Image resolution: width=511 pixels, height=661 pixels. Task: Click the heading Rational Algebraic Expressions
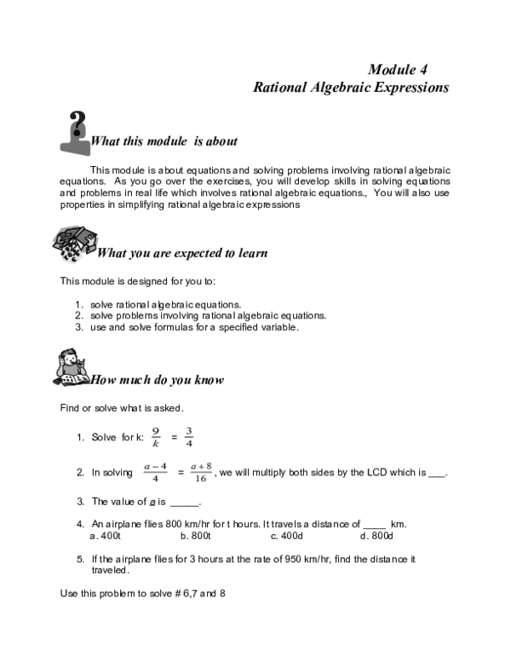pos(351,87)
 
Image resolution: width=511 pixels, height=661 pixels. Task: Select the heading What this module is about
pos(164,141)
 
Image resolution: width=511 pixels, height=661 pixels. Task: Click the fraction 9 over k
pos(156,436)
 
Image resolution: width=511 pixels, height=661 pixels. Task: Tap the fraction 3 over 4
pos(189,436)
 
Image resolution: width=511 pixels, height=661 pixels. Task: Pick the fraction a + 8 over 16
pos(200,473)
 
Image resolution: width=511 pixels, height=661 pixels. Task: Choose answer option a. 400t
pos(106,536)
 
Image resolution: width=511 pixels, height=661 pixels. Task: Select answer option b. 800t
pos(196,536)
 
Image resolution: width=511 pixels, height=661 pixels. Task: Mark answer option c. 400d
pos(287,536)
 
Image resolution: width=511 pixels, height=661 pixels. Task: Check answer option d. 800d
pos(376,536)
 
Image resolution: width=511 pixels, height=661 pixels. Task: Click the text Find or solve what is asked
pos(122,407)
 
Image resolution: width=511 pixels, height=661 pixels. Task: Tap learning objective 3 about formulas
pos(187,326)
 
